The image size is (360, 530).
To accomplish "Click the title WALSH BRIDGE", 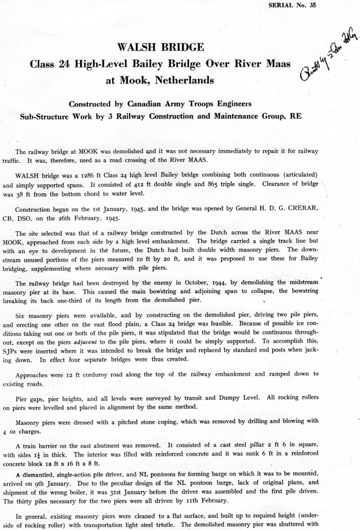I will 161,47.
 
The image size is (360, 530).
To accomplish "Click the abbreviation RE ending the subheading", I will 295,116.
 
